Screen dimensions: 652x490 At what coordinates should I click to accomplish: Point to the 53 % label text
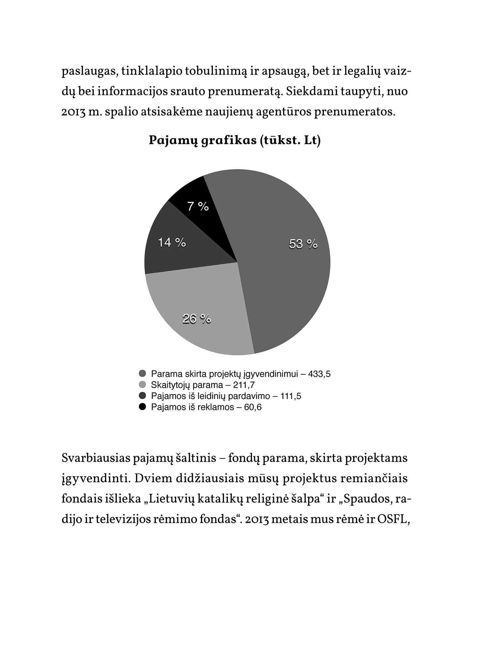[303, 244]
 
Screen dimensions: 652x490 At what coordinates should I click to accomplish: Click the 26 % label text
[197, 319]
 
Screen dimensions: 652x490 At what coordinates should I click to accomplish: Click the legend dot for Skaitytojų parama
[142, 385]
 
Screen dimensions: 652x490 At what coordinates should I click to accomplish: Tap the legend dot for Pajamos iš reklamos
[142, 407]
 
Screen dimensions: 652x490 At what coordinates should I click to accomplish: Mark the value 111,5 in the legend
[291, 396]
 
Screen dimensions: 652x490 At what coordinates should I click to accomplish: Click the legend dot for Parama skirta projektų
[142, 374]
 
